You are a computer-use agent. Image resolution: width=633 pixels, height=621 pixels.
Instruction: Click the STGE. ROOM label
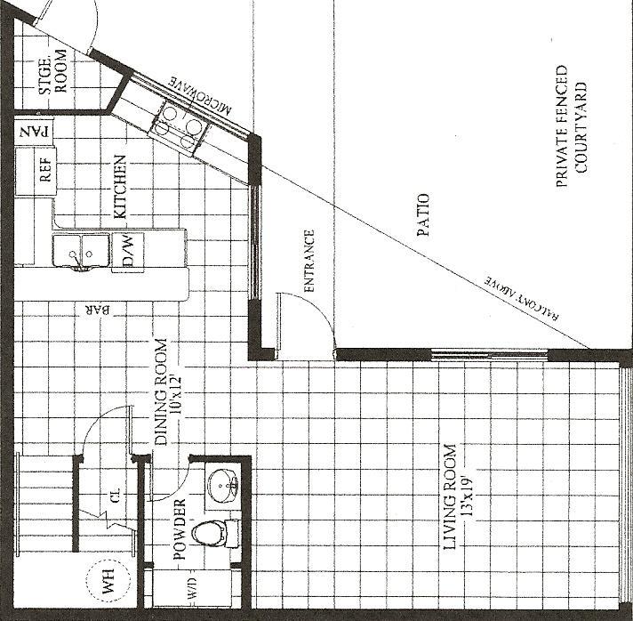pos(52,71)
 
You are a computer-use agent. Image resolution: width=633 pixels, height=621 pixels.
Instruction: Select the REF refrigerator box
pos(36,171)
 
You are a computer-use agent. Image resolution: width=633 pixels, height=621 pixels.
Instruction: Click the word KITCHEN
pos(120,187)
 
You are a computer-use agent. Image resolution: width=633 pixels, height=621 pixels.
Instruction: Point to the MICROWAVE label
pos(200,95)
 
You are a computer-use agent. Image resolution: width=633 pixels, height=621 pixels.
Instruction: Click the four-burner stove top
pos(179,128)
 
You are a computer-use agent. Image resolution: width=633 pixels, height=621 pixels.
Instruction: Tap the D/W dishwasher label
pos(127,251)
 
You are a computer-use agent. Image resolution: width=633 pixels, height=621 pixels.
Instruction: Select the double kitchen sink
pos(81,251)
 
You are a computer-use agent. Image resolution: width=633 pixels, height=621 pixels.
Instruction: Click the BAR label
pos(97,310)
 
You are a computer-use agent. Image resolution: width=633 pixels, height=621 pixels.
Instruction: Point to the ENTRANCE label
pos(308,261)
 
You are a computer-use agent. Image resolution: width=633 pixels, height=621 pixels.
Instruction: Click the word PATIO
pos(422,214)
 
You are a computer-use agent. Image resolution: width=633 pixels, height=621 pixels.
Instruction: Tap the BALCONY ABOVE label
pos(523,299)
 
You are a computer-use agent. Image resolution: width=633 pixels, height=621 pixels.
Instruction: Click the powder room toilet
pos(215,533)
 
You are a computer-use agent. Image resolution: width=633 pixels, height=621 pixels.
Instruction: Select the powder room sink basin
pos(223,485)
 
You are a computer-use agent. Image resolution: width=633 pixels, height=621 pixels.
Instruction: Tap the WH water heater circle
pos(108,581)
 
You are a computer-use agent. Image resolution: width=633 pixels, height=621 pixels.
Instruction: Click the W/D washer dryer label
pos(193,588)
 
